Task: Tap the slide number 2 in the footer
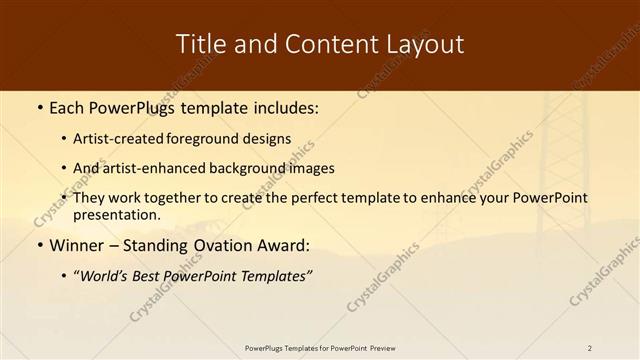tap(589, 348)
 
